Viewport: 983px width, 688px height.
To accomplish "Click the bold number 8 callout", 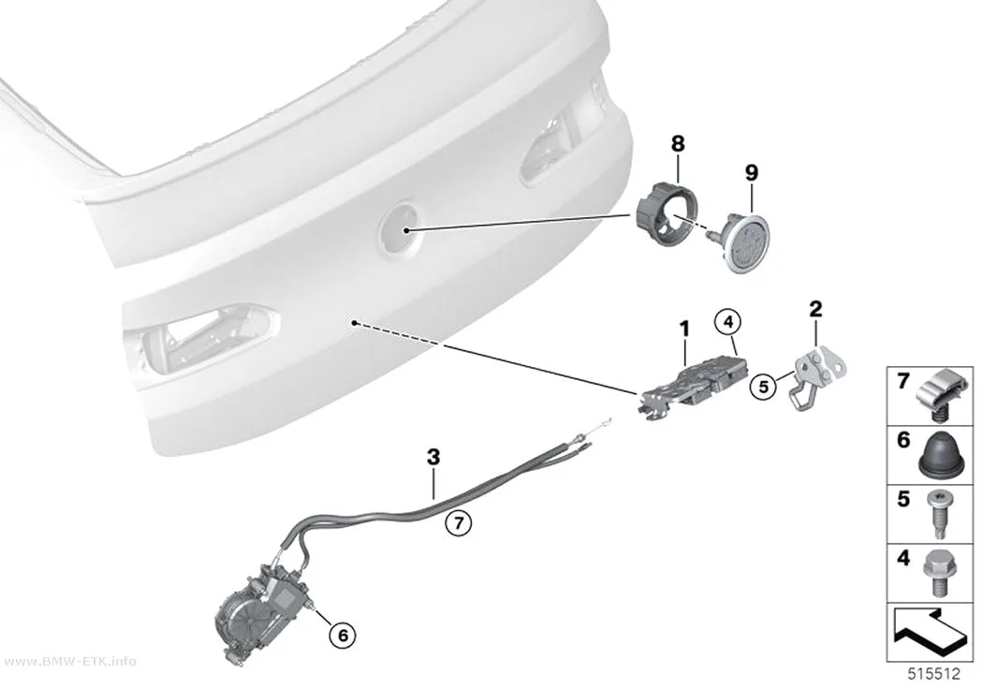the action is pyautogui.click(x=678, y=143).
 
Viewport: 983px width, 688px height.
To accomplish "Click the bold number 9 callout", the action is pyautogui.click(x=751, y=172).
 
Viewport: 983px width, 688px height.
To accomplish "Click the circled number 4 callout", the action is pyautogui.click(x=727, y=322).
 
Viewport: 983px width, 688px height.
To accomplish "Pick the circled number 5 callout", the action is pyautogui.click(x=763, y=387).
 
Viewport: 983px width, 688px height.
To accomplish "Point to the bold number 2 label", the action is pyautogui.click(x=815, y=309).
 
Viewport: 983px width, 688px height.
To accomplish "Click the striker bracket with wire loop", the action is pyautogui.click(x=814, y=379).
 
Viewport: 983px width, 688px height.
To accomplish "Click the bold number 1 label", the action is pyautogui.click(x=684, y=329).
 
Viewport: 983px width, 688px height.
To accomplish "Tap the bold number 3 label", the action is pyautogui.click(x=433, y=457).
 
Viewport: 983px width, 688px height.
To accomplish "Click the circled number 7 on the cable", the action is pyautogui.click(x=459, y=522).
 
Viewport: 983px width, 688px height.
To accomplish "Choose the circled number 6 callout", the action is pyautogui.click(x=343, y=636).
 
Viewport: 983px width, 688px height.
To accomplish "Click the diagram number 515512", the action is pyautogui.click(x=934, y=674).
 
